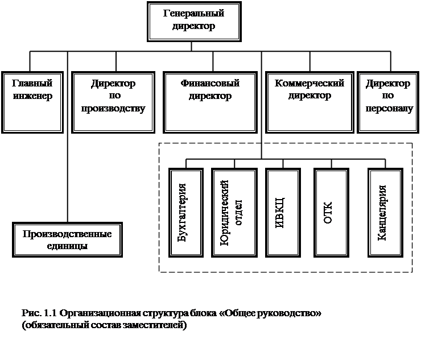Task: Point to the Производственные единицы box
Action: (x=67, y=239)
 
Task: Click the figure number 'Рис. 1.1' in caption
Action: (x=39, y=313)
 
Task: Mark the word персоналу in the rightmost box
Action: (x=389, y=107)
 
